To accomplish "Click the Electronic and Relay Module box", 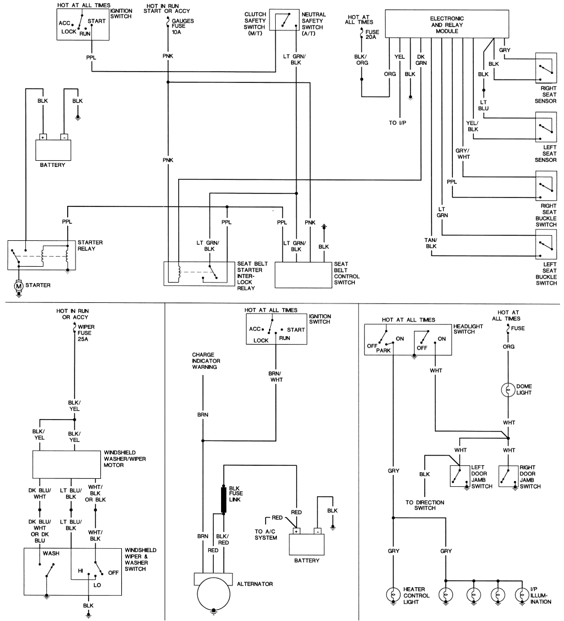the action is [447, 24].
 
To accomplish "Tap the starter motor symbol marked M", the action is [19, 285].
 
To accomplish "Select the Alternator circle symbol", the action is [214, 594].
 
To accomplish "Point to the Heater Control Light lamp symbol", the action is [393, 595].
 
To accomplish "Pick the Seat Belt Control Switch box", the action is [303, 275].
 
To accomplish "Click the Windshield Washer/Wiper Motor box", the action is [67, 464].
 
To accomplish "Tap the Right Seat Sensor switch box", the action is [546, 68].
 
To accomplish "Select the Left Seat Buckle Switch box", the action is [546, 244].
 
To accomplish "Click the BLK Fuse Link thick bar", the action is [223, 500].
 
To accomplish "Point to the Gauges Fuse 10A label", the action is [182, 26].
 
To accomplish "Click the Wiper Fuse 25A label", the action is [86, 333].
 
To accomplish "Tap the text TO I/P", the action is [397, 123].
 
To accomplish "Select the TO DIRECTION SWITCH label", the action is [425, 505].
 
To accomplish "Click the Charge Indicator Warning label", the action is [206, 361].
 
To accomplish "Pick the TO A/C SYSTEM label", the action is [266, 535].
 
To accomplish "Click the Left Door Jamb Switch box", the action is [460, 476].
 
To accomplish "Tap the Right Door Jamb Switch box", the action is [509, 476].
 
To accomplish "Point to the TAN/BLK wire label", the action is [431, 243].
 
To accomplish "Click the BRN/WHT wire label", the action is [276, 377].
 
